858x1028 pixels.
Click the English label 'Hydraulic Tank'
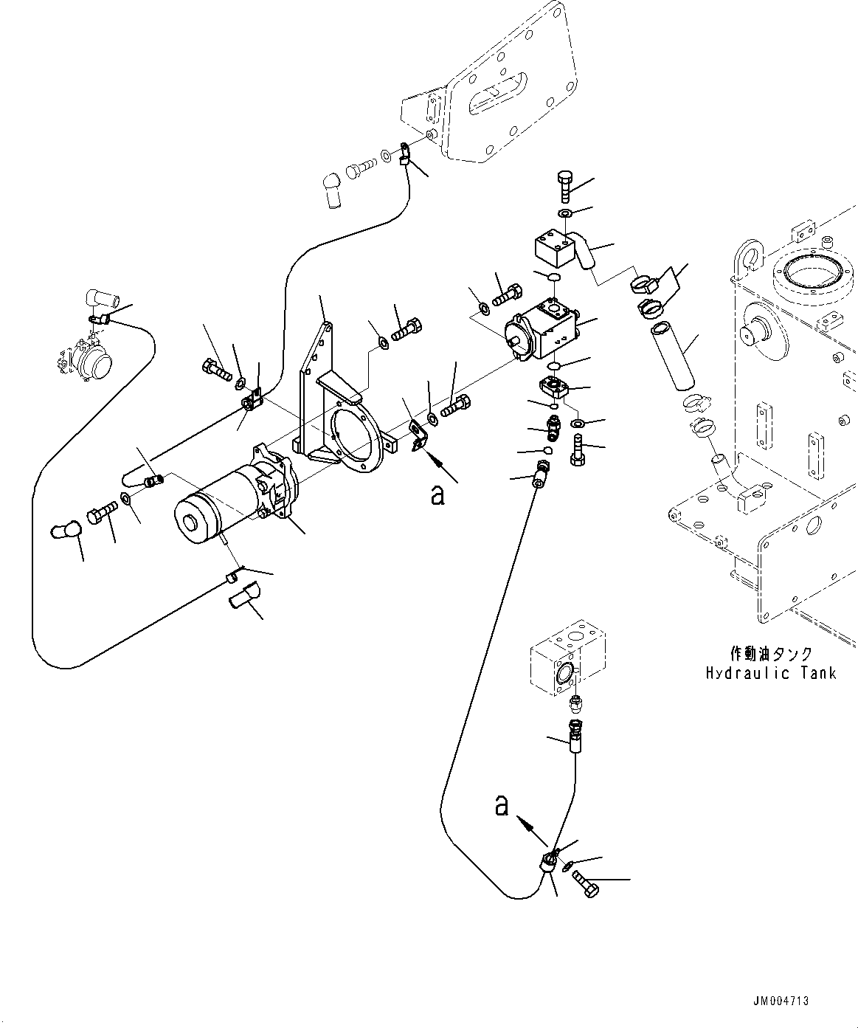[x=770, y=673]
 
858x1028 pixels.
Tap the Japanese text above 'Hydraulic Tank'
[x=771, y=654]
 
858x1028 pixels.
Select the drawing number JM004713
[x=781, y=1001]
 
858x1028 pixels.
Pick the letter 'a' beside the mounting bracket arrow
[x=438, y=495]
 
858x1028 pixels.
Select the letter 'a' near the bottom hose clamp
[x=502, y=806]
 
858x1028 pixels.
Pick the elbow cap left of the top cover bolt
[x=330, y=190]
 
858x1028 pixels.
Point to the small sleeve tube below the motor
[x=243, y=593]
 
